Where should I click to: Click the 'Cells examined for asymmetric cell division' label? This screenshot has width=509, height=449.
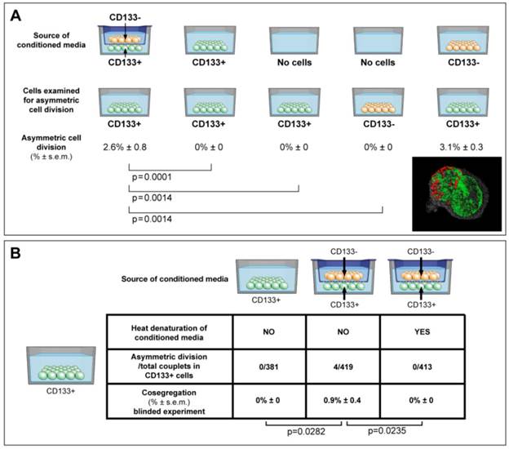[51, 101]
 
